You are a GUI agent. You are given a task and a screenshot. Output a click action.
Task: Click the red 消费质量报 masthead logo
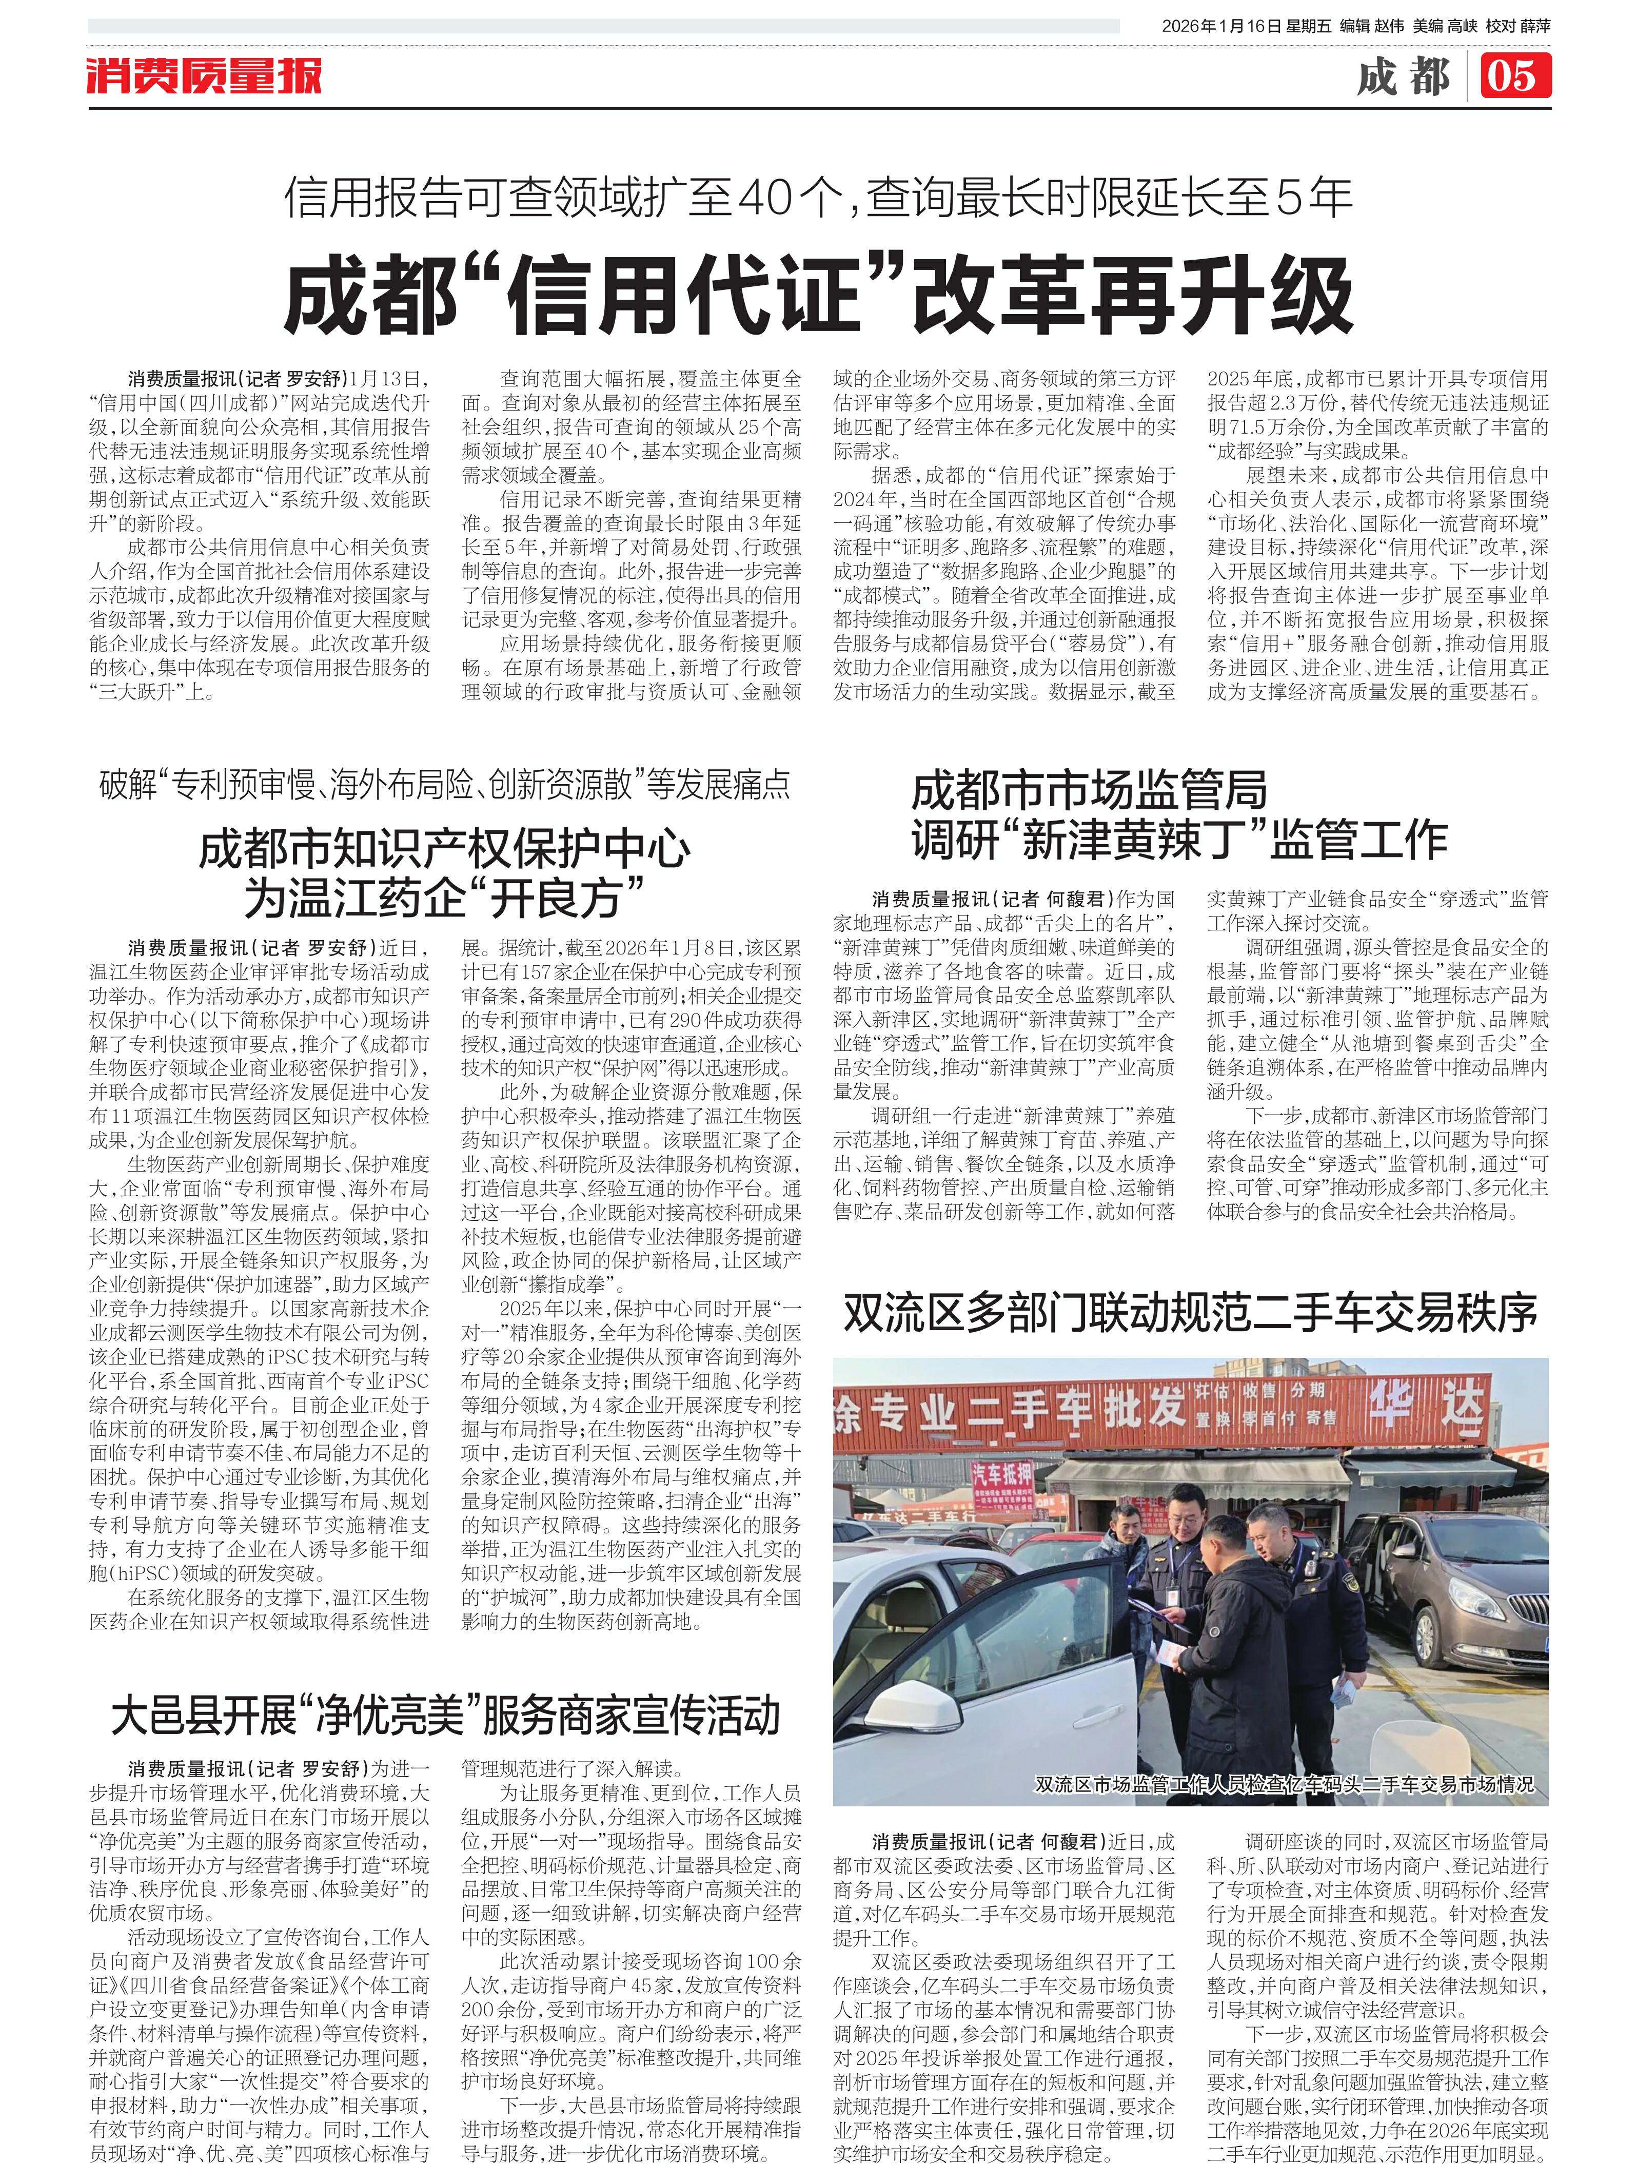point(204,76)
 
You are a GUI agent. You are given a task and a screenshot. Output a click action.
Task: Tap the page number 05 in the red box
point(1514,76)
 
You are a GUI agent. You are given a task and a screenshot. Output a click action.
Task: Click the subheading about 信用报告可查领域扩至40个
point(818,198)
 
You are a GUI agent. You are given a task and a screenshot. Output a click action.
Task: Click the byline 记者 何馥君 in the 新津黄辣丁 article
point(1053,899)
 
